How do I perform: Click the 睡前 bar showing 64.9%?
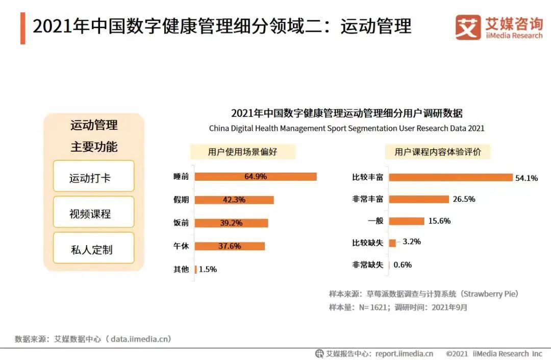tap(256, 177)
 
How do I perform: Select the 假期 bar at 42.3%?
tap(234, 200)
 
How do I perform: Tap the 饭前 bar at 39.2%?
tap(231, 223)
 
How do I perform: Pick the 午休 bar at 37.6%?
tap(230, 246)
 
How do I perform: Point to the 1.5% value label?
tap(208, 269)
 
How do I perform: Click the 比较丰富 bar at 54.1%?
tap(450, 178)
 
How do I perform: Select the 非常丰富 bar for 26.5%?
tap(419, 199)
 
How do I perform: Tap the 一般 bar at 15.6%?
tap(407, 221)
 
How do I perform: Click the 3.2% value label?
tap(411, 242)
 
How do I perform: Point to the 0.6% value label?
tap(402, 265)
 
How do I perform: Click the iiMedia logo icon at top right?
tap(468, 27)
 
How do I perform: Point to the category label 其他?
tap(181, 269)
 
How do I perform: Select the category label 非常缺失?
tap(367, 265)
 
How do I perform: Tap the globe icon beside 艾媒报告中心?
tap(319, 353)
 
